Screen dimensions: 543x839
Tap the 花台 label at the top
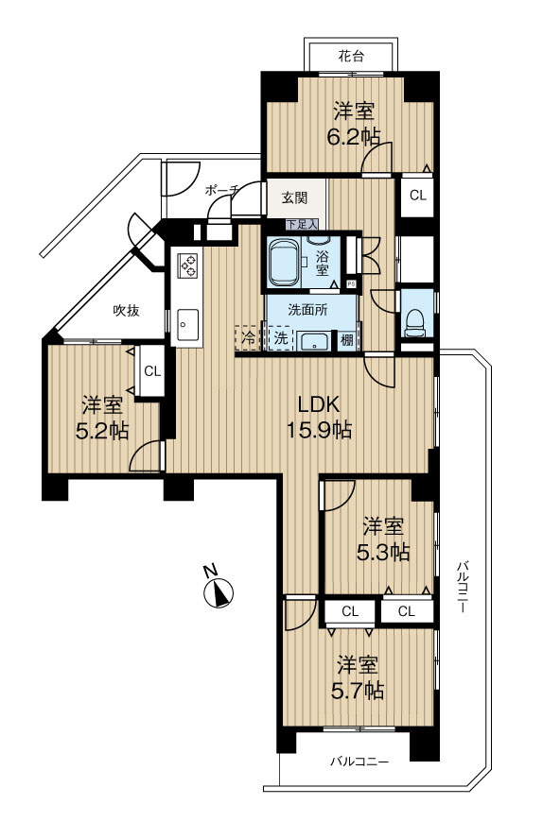coord(351,56)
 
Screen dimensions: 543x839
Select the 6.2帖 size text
coord(354,138)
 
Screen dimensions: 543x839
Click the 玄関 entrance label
coord(294,197)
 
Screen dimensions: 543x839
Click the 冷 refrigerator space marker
coord(248,337)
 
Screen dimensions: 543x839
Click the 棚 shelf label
coord(347,339)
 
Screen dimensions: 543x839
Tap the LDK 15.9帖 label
coord(319,417)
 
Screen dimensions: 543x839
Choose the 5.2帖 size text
coord(102,431)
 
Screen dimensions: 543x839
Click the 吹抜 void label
coord(127,310)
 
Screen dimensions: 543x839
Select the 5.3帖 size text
coord(383,551)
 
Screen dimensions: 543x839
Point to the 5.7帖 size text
coord(357,691)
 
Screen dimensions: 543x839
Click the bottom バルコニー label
coord(359,761)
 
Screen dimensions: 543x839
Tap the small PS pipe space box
coord(351,283)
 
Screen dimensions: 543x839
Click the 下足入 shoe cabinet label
coord(302,225)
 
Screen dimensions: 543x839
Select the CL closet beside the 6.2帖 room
coord(418,196)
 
